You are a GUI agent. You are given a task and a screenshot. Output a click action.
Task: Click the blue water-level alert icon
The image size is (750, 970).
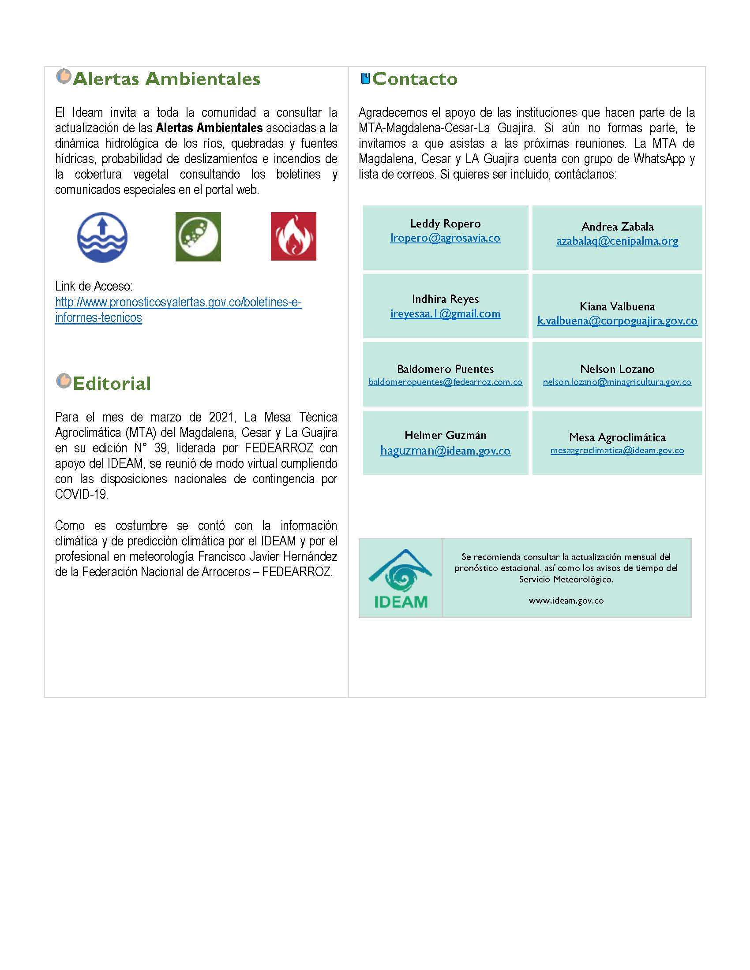point(102,237)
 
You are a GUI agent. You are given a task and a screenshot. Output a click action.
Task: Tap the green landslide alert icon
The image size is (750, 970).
point(198,236)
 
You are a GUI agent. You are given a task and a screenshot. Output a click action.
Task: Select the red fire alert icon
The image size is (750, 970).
point(293,236)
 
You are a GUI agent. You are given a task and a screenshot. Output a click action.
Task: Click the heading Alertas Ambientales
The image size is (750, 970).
point(166,79)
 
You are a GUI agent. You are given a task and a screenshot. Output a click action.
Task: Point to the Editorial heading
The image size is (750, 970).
point(112,383)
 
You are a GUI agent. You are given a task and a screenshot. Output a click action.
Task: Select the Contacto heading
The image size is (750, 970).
point(414,79)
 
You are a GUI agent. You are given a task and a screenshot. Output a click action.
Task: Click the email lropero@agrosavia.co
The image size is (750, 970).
point(445,238)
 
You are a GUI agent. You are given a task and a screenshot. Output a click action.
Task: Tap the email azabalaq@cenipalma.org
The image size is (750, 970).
point(617,241)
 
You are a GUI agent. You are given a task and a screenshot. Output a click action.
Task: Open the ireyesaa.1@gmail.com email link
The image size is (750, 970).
point(445,314)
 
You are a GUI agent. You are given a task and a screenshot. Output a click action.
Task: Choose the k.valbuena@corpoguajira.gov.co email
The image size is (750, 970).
point(617,321)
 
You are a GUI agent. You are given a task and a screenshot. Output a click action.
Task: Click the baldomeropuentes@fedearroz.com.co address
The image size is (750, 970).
point(445,382)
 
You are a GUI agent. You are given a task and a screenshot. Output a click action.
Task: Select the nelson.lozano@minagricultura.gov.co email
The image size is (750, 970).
point(617,382)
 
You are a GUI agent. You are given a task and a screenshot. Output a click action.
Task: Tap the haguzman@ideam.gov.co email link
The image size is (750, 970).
point(445,451)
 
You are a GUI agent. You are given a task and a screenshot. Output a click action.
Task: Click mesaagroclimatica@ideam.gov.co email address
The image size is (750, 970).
point(617,450)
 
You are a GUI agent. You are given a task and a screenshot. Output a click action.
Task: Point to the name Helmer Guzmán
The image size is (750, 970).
point(445,435)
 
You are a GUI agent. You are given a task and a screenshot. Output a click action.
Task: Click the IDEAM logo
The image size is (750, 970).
point(400,578)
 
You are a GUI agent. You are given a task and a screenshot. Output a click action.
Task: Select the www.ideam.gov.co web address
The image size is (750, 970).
point(566,601)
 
